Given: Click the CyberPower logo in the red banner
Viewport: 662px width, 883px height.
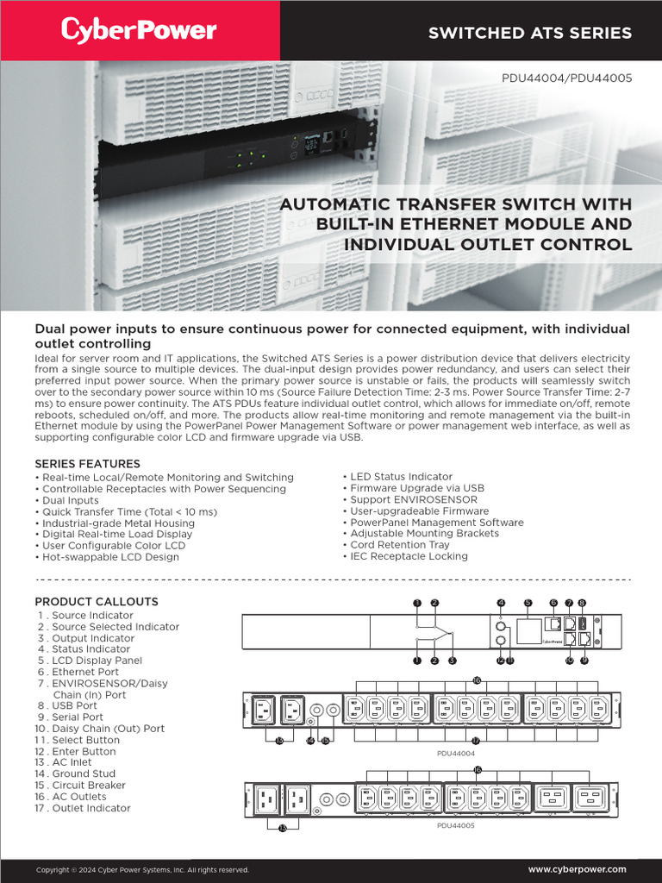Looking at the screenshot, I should coord(139,31).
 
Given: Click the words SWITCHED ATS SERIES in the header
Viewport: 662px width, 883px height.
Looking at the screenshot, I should coord(530,33).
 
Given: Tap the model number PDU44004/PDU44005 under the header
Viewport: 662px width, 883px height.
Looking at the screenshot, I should coord(566,78).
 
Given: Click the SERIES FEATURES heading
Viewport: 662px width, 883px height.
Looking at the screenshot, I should coord(87,464).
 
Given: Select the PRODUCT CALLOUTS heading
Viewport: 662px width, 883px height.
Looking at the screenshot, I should coord(97,601).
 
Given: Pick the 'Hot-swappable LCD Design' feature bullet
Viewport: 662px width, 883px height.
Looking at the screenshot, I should coord(107,557).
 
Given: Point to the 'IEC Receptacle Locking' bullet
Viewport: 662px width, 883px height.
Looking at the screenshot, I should coord(409,556).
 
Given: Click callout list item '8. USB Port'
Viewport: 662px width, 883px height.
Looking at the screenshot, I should coord(76,705).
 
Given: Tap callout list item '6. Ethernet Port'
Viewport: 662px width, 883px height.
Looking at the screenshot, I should coord(84,672).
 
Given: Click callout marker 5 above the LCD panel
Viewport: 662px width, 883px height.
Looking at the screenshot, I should coord(528,603).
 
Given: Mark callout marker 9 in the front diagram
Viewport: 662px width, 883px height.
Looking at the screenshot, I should coord(584,661).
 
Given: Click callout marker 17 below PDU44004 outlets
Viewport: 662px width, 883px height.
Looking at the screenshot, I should coord(475,740).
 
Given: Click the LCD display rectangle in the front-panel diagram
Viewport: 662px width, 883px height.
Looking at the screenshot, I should coord(528,631).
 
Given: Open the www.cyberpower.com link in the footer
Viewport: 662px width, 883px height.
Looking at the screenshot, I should coord(577,869).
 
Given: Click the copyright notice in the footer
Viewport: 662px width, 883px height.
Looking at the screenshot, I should coord(142,870).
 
